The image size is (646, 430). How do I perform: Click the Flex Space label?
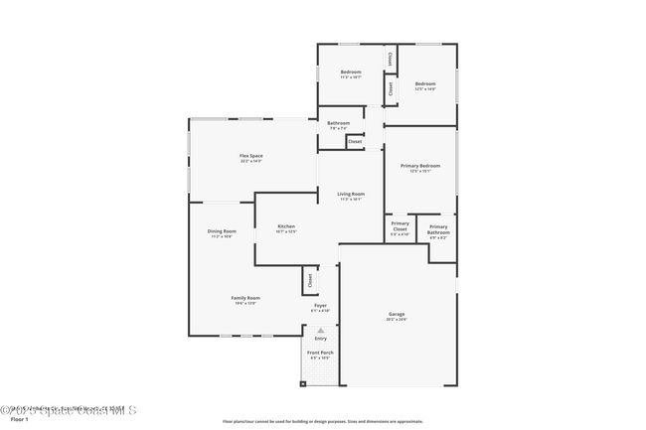(x=250, y=157)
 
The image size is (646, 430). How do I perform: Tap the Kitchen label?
(x=286, y=227)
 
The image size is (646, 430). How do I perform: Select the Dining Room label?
(x=222, y=232)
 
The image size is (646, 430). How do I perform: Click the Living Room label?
(x=351, y=195)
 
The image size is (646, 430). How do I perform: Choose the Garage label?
(x=397, y=316)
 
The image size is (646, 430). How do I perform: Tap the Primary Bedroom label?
(x=420, y=166)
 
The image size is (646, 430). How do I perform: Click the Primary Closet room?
(x=399, y=231)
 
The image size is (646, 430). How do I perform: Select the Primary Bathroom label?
(x=438, y=231)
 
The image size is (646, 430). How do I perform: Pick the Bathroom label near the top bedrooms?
(x=338, y=123)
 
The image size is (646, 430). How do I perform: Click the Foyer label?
(x=320, y=306)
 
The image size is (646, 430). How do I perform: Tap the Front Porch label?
(x=320, y=354)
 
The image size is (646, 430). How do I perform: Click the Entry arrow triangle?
(x=320, y=330)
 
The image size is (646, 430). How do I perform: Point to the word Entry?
(x=320, y=339)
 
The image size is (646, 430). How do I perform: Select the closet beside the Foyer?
(x=309, y=280)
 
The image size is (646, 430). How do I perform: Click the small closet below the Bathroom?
(x=355, y=142)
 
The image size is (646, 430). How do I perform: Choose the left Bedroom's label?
(x=351, y=72)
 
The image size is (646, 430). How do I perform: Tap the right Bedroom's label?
(x=425, y=84)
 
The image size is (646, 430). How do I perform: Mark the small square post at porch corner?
(x=303, y=383)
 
